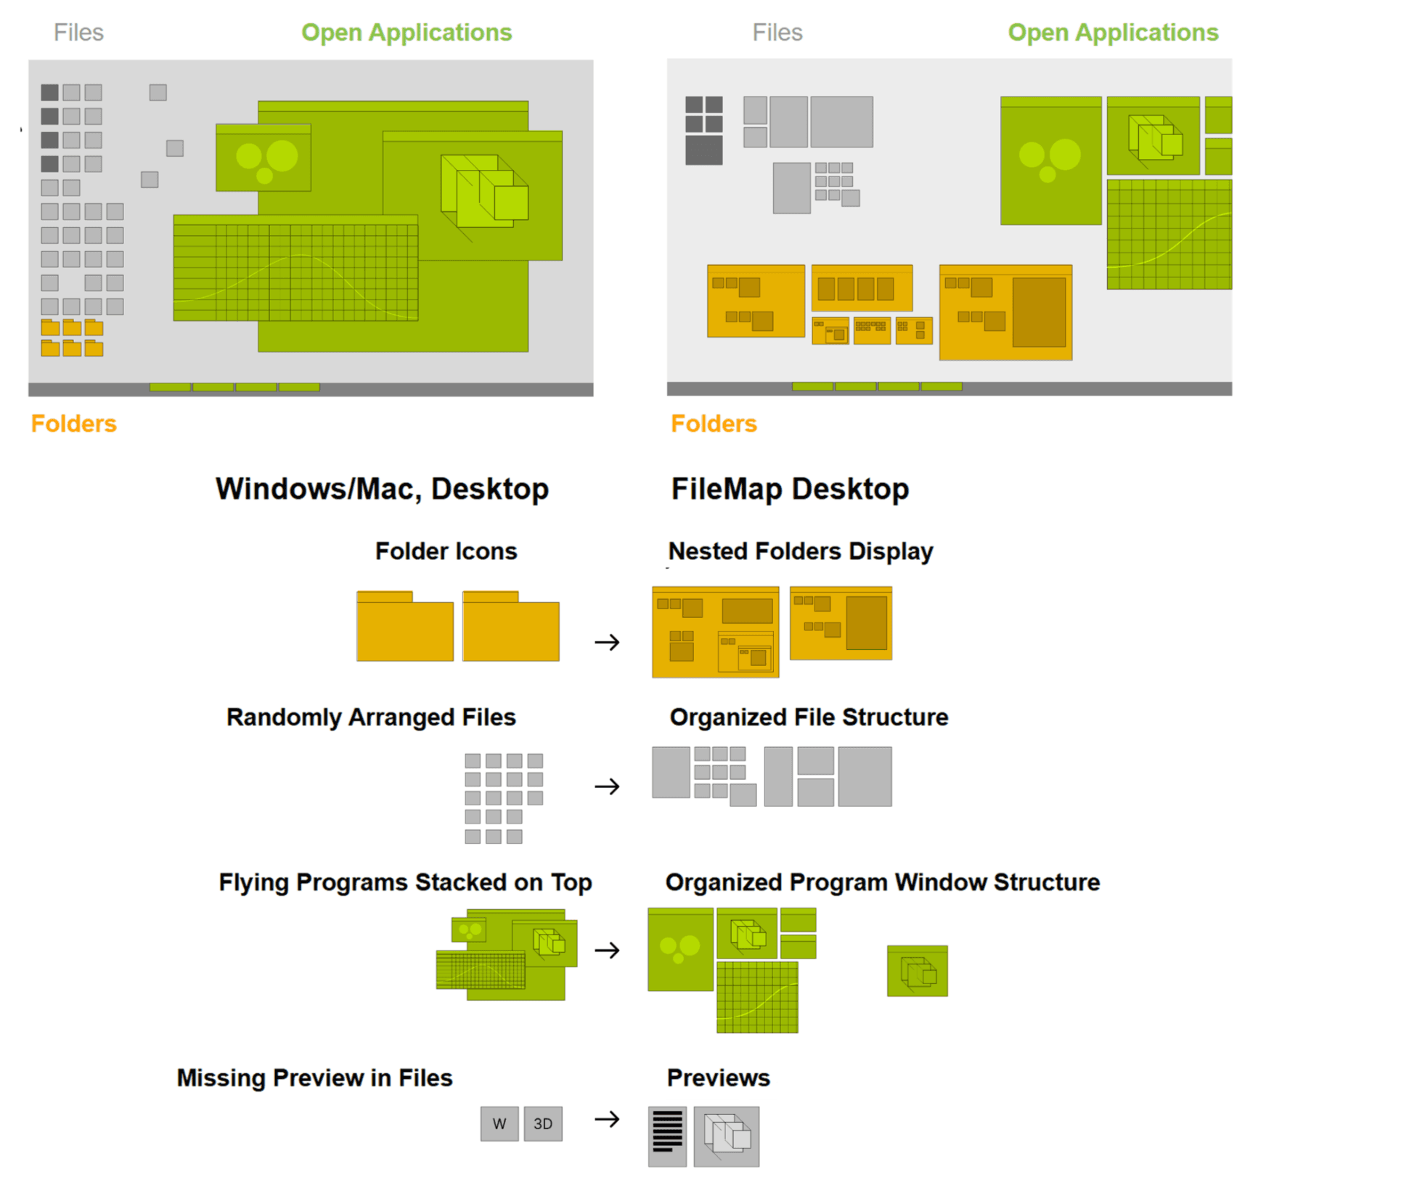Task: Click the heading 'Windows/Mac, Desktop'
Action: [x=382, y=489]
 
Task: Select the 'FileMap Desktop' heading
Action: [x=789, y=489]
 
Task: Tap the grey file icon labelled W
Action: [x=499, y=1123]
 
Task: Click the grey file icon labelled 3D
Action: [x=542, y=1123]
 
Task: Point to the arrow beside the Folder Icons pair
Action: [x=606, y=642]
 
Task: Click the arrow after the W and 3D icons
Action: [x=606, y=1119]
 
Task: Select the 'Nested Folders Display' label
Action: [x=800, y=551]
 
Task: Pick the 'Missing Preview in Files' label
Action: [x=314, y=1078]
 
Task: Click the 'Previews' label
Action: [x=718, y=1078]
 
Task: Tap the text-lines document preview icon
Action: [x=667, y=1136]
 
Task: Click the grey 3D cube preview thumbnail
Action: [x=726, y=1136]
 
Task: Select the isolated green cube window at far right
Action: [x=917, y=971]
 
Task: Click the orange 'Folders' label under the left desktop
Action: [x=73, y=423]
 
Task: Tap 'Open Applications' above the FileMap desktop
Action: [x=1112, y=33]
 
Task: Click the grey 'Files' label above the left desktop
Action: [x=78, y=33]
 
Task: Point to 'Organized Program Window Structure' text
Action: [x=882, y=882]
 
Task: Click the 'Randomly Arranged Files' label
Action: [x=370, y=717]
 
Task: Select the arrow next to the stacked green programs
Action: [x=606, y=950]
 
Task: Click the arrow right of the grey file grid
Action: [x=606, y=786]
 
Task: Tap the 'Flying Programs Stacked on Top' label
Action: [x=405, y=882]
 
